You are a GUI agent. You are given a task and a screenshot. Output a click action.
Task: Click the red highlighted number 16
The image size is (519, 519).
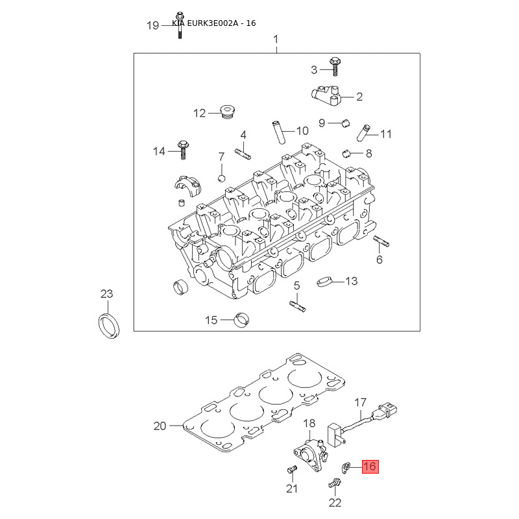coord(370,466)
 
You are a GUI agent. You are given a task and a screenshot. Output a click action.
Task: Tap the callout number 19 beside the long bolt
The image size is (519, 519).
coord(153,25)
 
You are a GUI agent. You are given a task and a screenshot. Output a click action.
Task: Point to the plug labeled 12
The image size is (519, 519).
coord(226,112)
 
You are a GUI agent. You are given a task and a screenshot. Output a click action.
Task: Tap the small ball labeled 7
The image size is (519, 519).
coord(222,178)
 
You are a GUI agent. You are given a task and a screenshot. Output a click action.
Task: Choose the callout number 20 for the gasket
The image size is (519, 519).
coord(160,426)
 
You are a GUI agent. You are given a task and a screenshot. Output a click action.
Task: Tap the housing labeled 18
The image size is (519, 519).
coord(308,450)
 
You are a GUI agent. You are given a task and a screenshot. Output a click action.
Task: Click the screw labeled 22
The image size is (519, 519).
coord(335,483)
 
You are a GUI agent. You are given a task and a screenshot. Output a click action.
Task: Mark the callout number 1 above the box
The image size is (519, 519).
coord(275,40)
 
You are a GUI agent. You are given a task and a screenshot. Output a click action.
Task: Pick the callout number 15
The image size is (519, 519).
coord(211,320)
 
